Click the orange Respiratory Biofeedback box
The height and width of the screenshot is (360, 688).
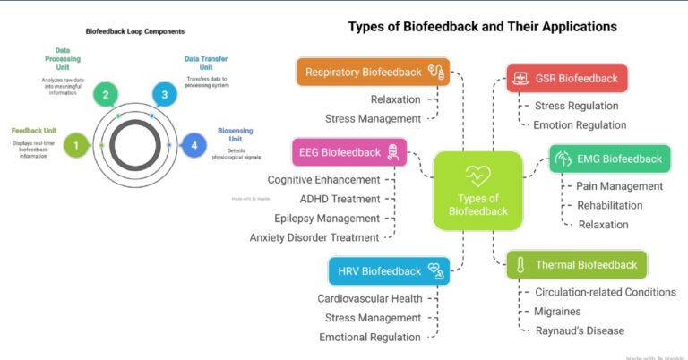click(x=373, y=72)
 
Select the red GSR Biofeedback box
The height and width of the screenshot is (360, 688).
click(x=566, y=78)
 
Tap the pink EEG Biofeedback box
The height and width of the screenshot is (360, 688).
click(x=350, y=152)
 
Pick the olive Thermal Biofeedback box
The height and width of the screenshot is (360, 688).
click(x=576, y=264)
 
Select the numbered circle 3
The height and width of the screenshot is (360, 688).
click(x=163, y=94)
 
